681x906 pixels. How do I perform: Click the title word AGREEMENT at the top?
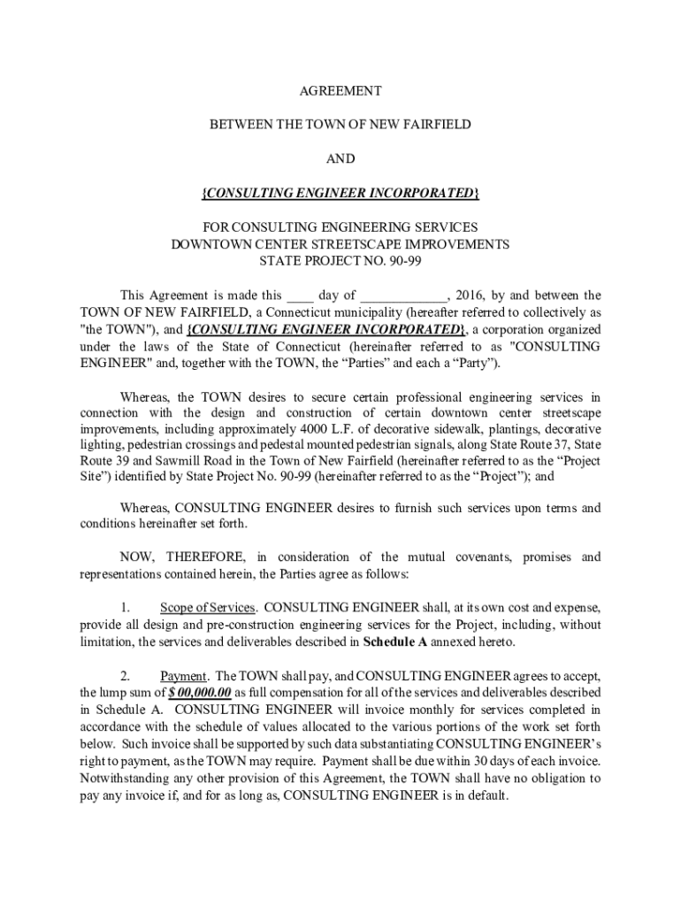point(340,91)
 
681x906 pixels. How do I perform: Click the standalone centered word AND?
point(340,159)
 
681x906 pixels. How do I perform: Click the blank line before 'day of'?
point(301,296)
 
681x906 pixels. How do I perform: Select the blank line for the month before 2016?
point(403,296)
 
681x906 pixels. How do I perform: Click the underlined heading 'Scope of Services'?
point(208,608)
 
